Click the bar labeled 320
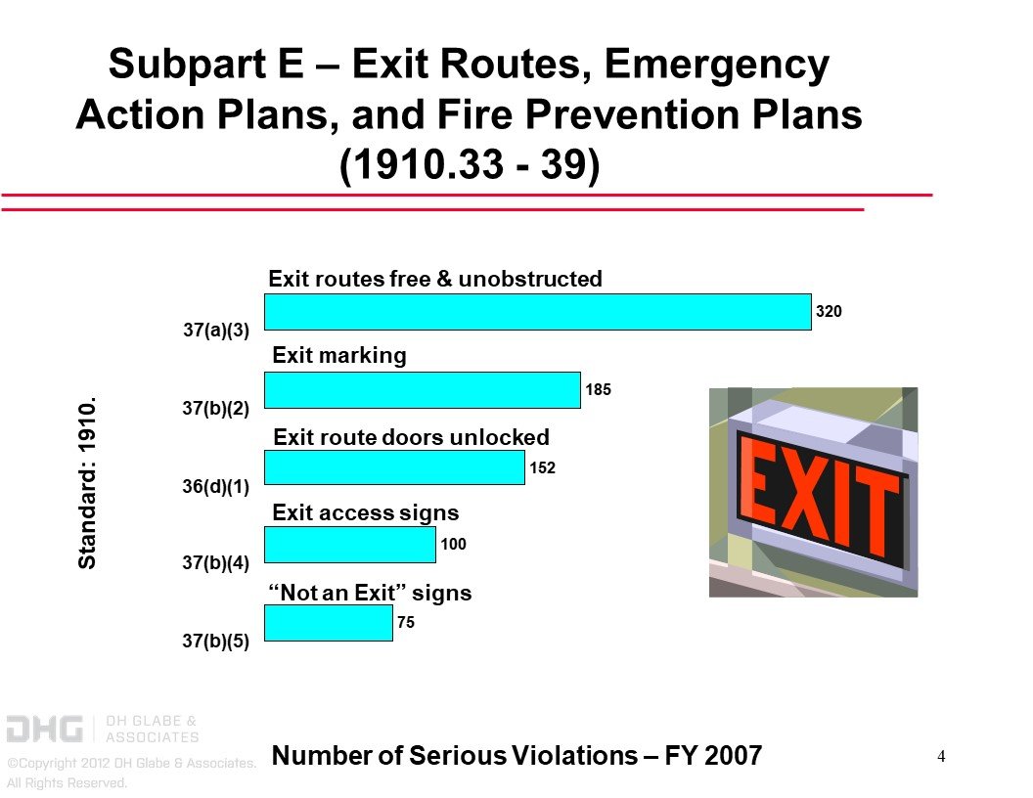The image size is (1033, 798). pyautogui.click(x=538, y=311)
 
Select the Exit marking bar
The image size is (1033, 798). pyautogui.click(x=423, y=390)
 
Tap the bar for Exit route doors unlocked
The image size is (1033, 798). pyautogui.click(x=394, y=467)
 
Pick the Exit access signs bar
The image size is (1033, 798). pyautogui.click(x=350, y=545)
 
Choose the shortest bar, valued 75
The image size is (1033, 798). pyautogui.click(x=328, y=623)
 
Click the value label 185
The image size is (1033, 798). pyautogui.click(x=599, y=390)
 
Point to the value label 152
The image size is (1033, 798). pyautogui.click(x=542, y=468)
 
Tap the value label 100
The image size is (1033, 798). pyautogui.click(x=453, y=545)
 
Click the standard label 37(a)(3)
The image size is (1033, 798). pyautogui.click(x=216, y=330)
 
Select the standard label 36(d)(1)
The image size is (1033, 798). pyautogui.click(x=215, y=487)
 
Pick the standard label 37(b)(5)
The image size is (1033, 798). pyautogui.click(x=215, y=641)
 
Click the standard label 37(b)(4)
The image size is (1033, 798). pyautogui.click(x=215, y=563)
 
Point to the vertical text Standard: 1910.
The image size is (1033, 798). pyautogui.click(x=87, y=483)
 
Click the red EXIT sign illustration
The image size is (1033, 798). pyautogui.click(x=813, y=493)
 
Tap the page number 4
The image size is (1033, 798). pyautogui.click(x=941, y=757)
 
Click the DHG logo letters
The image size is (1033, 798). pyautogui.click(x=45, y=730)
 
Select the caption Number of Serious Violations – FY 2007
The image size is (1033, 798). pyautogui.click(x=516, y=756)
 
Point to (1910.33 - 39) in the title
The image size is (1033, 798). pyautogui.click(x=470, y=164)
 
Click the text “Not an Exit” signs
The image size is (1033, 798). pyautogui.click(x=370, y=593)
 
